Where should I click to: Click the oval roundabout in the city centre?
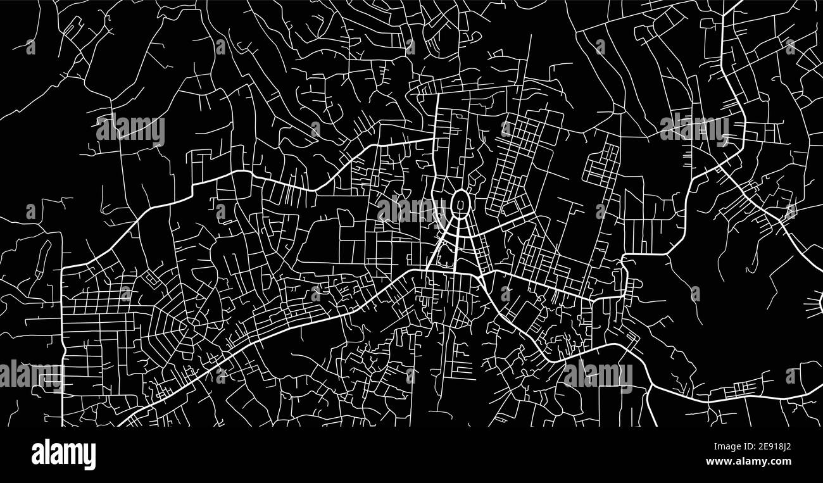tap(461, 204)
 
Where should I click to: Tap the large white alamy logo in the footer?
tap(63, 455)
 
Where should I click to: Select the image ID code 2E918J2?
tap(768, 446)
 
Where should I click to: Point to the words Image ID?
tap(724, 446)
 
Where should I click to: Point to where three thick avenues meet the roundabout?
tap(461, 217)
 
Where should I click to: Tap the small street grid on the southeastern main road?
tap(747, 386)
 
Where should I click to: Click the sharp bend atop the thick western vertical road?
tap(63, 268)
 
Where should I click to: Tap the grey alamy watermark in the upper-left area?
tap(130, 130)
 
